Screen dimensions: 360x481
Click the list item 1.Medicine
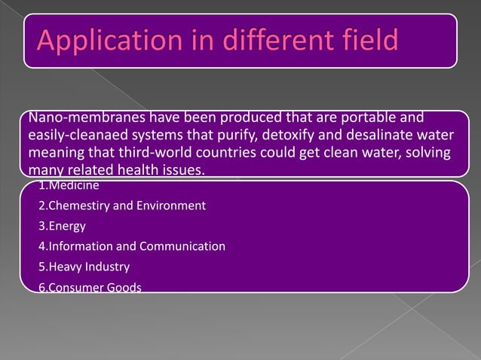pyautogui.click(x=69, y=185)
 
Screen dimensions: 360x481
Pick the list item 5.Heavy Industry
pyautogui.click(x=84, y=267)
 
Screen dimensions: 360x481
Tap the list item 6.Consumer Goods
pyautogui.click(x=89, y=288)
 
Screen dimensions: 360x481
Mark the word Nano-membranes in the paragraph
pyautogui.click(x=75, y=118)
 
